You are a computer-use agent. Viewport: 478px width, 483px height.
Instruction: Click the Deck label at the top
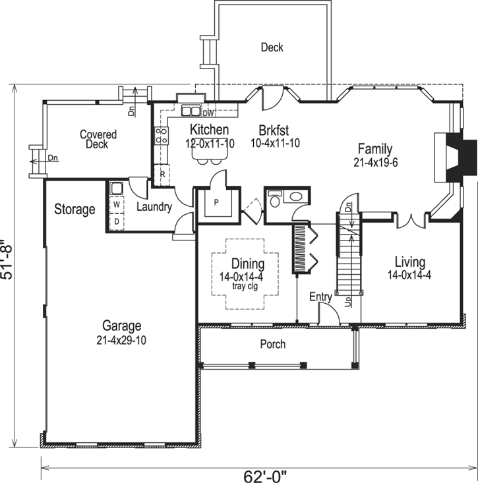click(x=272, y=47)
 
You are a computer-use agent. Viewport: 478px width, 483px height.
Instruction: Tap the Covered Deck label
click(x=98, y=139)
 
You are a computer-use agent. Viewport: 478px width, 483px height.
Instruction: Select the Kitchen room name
click(x=209, y=130)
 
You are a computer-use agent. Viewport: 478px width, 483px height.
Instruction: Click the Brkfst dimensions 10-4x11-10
click(x=275, y=142)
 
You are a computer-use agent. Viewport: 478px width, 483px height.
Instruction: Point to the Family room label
click(x=374, y=149)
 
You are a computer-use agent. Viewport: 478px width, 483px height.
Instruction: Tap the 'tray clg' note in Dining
click(x=247, y=286)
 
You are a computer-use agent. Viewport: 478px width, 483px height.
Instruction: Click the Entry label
click(x=320, y=298)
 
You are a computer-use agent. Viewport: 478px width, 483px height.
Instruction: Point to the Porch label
click(x=272, y=344)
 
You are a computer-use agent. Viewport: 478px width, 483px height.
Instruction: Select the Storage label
click(x=75, y=210)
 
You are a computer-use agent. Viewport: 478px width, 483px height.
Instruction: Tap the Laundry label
click(x=154, y=207)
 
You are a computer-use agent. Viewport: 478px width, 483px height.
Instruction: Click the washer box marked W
click(x=116, y=205)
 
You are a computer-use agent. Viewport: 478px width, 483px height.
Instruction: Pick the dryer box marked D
click(x=116, y=221)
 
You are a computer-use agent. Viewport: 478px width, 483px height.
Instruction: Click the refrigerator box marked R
click(x=162, y=174)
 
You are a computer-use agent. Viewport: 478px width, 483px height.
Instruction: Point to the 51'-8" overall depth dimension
click(x=8, y=260)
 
